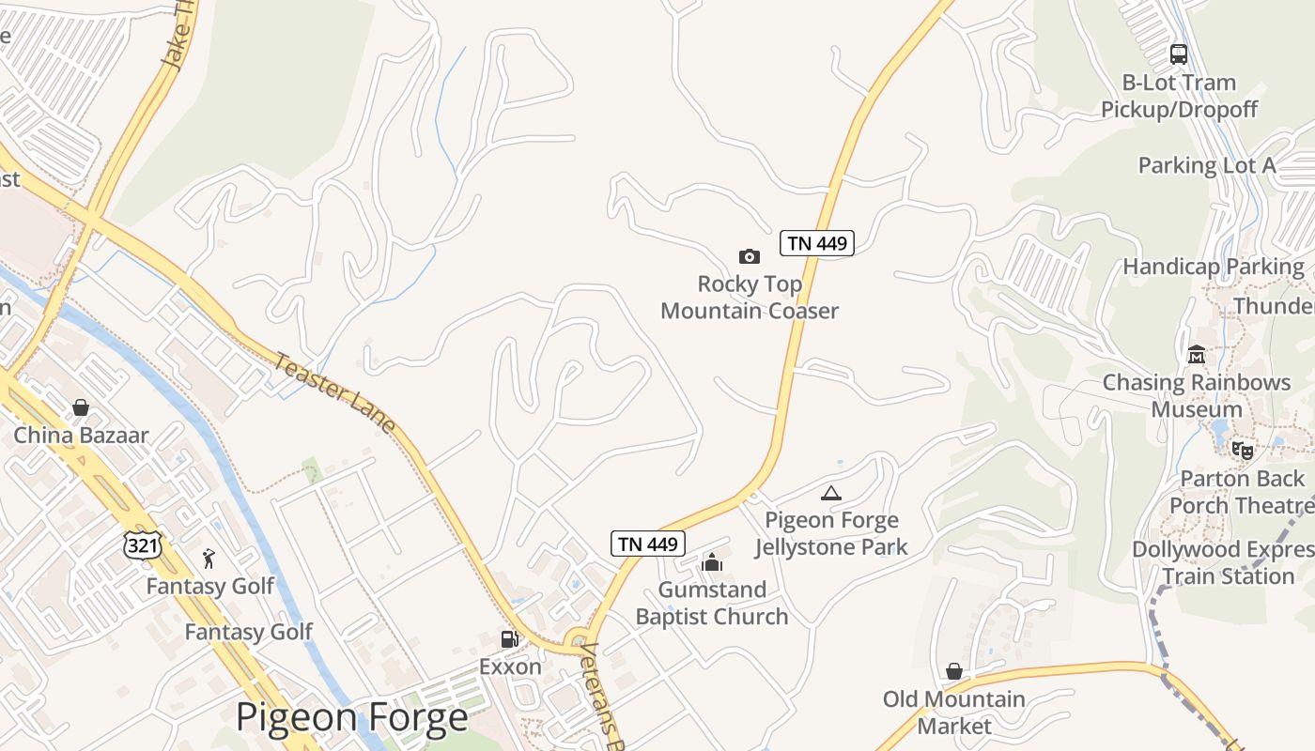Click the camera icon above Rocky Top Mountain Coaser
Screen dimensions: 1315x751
[749, 256]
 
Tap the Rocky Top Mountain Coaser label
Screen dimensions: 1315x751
[749, 298]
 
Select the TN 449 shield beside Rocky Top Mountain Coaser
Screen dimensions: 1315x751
[816, 243]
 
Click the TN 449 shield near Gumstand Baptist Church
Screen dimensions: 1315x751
[648, 543]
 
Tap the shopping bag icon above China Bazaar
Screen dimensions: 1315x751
[81, 407]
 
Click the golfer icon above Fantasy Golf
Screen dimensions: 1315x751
[209, 559]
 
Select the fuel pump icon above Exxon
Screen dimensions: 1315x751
[509, 639]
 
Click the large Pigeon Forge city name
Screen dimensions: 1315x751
[351, 718]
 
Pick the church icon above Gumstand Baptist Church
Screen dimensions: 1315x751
[711, 562]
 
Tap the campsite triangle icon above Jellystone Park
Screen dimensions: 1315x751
[830, 493]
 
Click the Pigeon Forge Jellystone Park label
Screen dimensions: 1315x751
[831, 533]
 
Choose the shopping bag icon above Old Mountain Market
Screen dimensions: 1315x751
[953, 671]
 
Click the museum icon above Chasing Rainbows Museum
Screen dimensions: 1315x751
[1196, 355]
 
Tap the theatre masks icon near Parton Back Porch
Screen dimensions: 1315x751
[1243, 451]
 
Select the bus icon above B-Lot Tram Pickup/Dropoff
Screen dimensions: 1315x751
[1179, 54]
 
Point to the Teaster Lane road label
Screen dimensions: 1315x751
[334, 391]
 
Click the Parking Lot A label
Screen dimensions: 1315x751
[1207, 166]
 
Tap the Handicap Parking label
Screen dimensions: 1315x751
[1214, 267]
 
